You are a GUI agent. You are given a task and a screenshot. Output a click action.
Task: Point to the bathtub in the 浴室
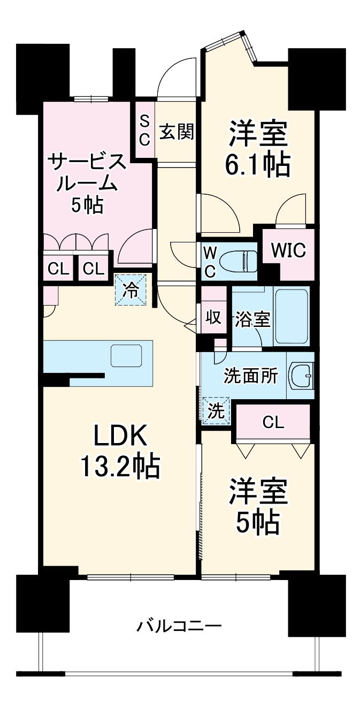[x=291, y=317]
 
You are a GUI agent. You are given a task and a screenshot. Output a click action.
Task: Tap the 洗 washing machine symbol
[x=216, y=411]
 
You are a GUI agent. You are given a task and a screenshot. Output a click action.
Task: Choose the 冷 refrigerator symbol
[x=131, y=289]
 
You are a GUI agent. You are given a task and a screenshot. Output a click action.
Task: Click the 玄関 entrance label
[x=177, y=131]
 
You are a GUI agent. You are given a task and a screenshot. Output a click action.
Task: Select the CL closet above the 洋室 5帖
[x=273, y=423]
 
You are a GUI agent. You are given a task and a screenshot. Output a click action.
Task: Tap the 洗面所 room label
[x=251, y=376]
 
